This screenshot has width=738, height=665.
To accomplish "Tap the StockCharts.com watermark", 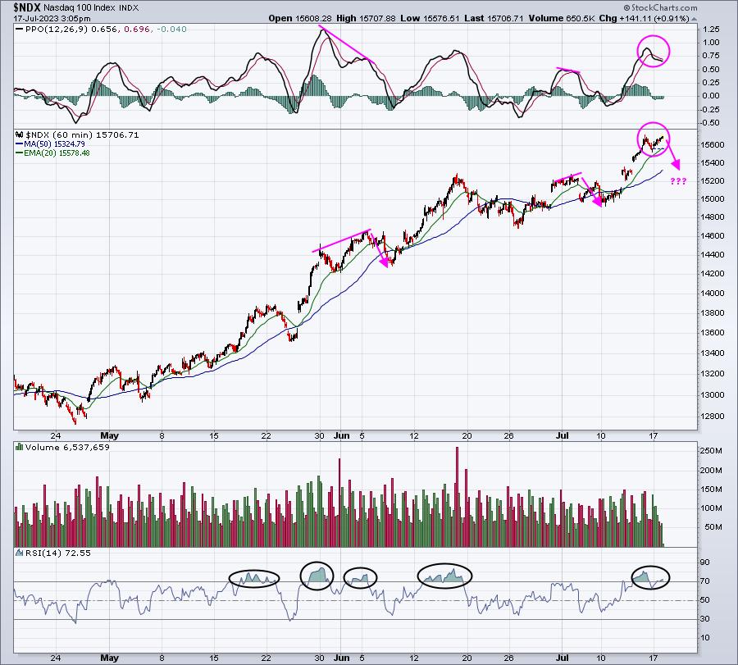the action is (x=660, y=7).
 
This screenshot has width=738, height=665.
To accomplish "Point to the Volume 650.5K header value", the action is (x=562, y=18).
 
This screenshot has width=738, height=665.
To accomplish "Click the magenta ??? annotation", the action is (x=678, y=181).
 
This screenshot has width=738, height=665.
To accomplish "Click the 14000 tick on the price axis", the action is (x=713, y=294).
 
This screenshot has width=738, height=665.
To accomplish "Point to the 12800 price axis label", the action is (x=713, y=417).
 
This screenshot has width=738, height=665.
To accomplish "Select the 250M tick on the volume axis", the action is (x=711, y=451).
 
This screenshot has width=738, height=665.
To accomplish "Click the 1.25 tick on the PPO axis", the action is (x=711, y=30).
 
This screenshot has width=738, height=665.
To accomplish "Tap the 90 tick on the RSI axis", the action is (x=704, y=563).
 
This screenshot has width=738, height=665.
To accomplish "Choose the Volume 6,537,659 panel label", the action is (x=67, y=447).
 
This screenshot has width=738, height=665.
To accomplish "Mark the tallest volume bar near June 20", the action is (x=457, y=497).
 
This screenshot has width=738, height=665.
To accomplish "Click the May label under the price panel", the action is (x=109, y=435).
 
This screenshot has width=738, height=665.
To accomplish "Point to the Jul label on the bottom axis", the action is (x=562, y=658).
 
